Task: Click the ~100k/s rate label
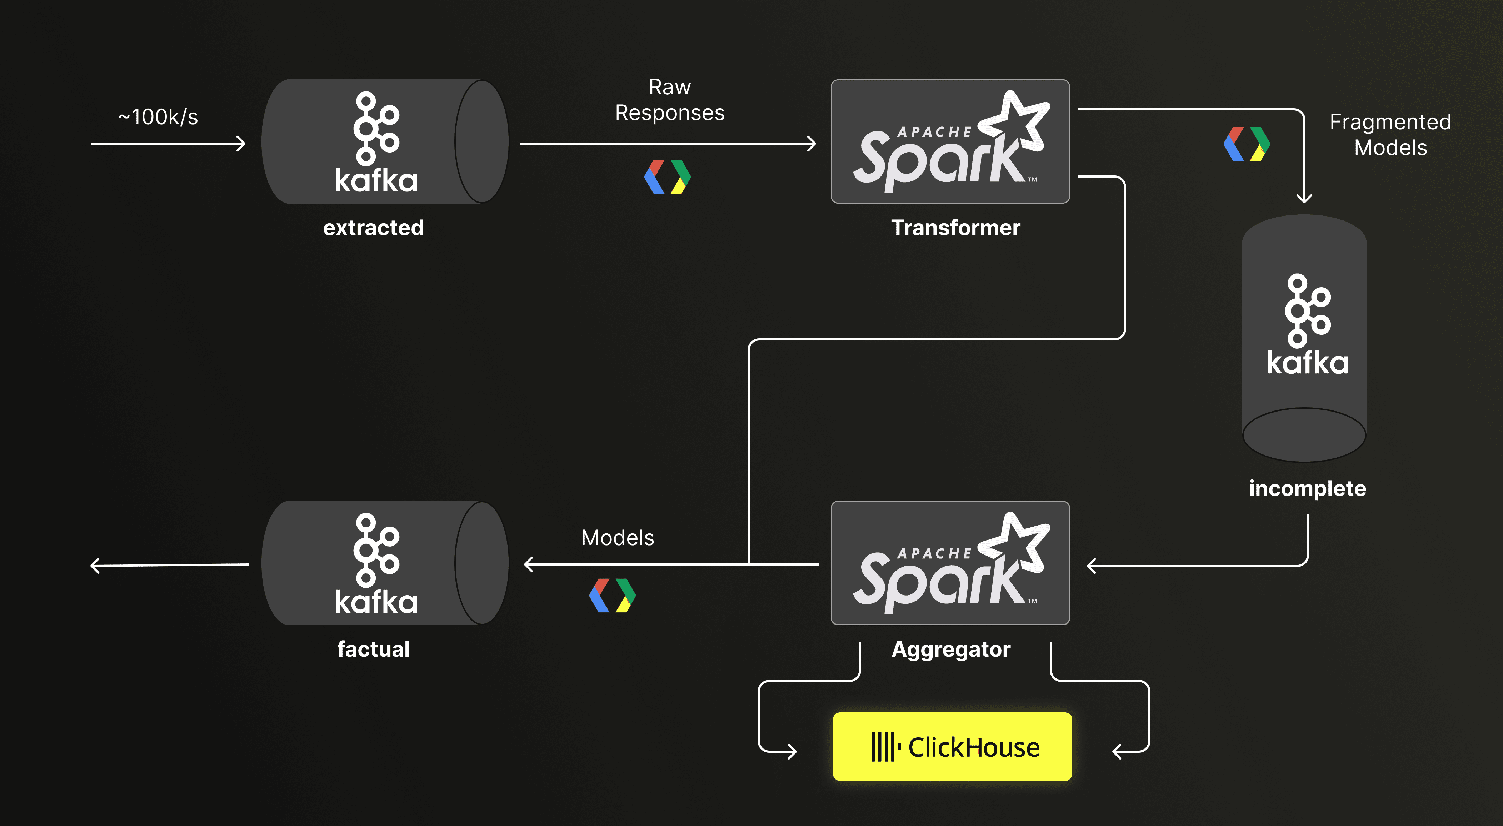(158, 117)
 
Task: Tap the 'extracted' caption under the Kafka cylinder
(373, 228)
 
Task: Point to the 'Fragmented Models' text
(1390, 135)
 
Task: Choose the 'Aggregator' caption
(951, 649)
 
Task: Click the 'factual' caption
(373, 649)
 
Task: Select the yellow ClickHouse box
(952, 747)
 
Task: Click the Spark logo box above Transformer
(950, 141)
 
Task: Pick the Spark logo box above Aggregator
(950, 563)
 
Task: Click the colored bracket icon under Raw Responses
(668, 177)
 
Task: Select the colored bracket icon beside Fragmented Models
(1247, 144)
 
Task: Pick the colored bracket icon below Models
(613, 596)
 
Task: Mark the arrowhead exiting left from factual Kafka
(95, 566)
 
